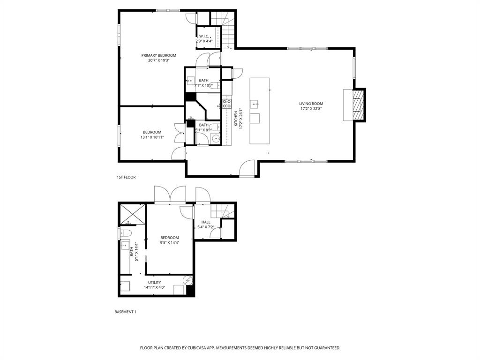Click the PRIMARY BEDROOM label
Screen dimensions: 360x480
click(x=158, y=55)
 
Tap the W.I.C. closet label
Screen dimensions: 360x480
click(x=204, y=36)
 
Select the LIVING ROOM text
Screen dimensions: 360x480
click(x=311, y=104)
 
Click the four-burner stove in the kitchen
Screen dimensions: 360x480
click(x=227, y=104)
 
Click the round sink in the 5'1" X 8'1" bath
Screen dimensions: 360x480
click(x=215, y=138)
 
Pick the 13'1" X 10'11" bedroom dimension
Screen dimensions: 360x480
click(x=152, y=137)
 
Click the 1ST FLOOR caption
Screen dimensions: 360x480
click(x=126, y=177)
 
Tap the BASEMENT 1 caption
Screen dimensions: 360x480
click(x=125, y=312)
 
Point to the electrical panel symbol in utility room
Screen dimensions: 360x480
click(x=188, y=280)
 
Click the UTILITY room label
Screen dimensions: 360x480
click(x=155, y=282)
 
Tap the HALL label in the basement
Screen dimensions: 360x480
click(x=206, y=222)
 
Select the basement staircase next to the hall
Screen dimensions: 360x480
click(x=222, y=210)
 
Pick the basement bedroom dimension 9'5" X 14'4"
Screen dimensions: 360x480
click(x=169, y=242)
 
